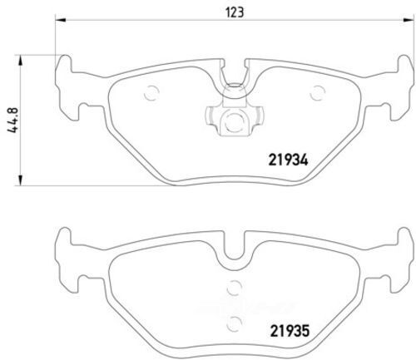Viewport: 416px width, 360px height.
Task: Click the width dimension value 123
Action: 227,12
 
